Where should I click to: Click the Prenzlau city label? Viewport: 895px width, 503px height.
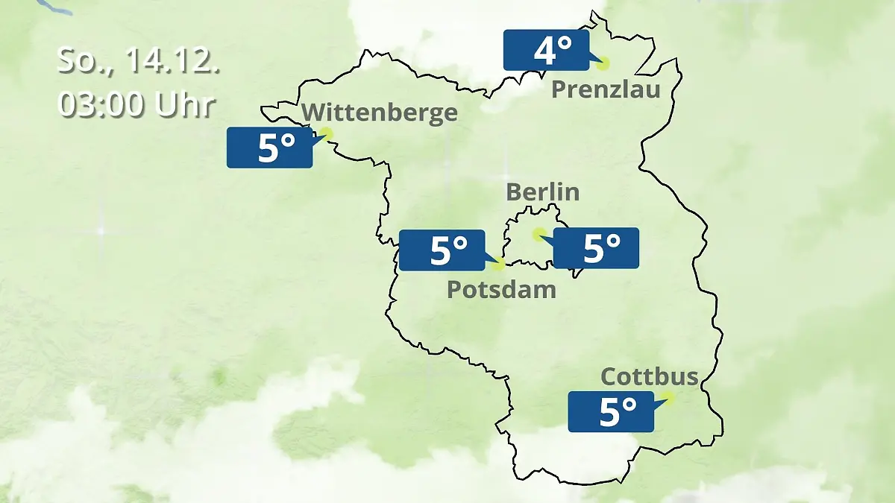coord(606,90)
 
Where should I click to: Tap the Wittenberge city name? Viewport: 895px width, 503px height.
coord(380,113)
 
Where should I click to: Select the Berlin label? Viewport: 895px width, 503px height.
coord(542,192)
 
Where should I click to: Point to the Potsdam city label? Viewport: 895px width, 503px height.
coord(501,289)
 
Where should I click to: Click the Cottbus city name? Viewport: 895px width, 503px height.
coord(649,376)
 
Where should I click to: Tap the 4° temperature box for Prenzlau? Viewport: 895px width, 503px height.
coord(546,51)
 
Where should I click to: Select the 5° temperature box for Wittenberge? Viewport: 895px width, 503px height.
coord(269,148)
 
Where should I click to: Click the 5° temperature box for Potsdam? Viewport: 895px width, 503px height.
coord(442,250)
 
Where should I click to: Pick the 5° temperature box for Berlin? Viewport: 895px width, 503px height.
coord(596,248)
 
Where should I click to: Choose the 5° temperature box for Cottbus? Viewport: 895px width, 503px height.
coord(611,411)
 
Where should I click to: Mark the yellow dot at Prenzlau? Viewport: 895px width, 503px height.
coord(603,64)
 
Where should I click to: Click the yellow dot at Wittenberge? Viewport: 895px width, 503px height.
coord(325,134)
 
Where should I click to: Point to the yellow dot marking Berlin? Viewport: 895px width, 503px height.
coord(538,235)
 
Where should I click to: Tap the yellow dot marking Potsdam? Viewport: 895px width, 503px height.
coord(499,264)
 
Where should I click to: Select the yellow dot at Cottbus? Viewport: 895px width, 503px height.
coord(668,398)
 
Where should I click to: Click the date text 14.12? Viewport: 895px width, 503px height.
coord(172,61)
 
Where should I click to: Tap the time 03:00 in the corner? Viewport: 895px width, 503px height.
coord(101,105)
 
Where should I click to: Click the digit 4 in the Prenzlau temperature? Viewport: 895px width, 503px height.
coord(544,51)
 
